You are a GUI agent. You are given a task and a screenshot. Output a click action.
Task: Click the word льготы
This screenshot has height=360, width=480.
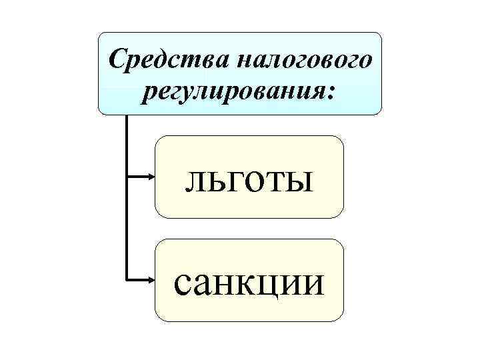click(x=249, y=178)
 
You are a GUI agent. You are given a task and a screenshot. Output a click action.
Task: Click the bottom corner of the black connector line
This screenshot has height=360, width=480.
click(x=125, y=280)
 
